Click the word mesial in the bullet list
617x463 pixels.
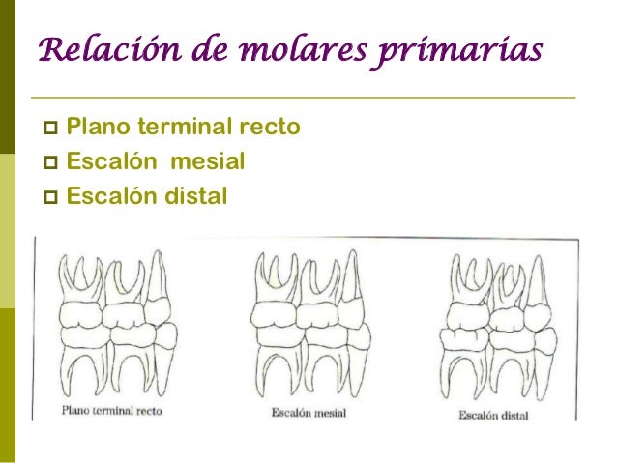pos(207,161)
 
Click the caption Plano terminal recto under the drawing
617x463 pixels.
pos(111,410)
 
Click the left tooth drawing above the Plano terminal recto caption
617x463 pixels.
pos(114,324)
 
